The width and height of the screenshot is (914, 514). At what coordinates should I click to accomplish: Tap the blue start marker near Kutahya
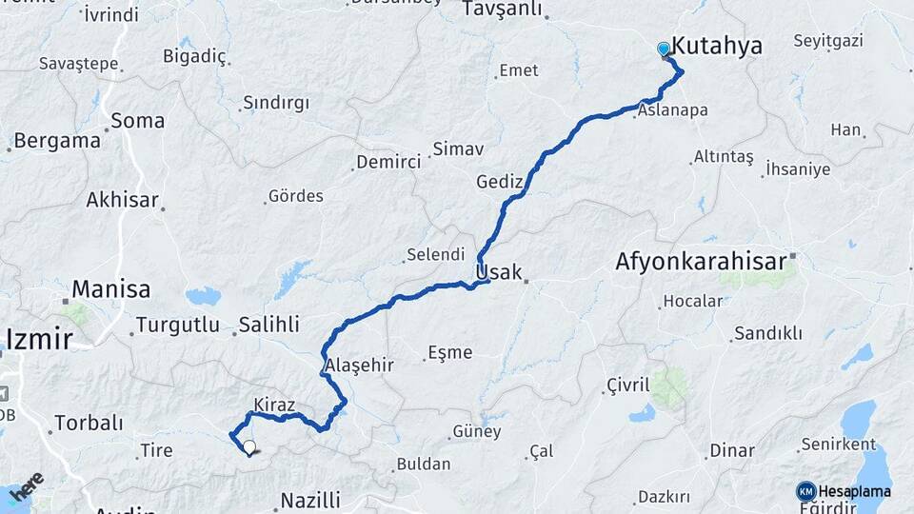pos(664,49)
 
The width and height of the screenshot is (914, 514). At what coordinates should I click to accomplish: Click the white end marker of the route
pos(249,445)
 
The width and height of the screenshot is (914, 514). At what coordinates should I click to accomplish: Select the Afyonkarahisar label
pos(701,261)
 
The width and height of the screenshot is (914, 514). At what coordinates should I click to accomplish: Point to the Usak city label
pos(499,272)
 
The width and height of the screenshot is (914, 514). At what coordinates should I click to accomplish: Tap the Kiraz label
pos(274,404)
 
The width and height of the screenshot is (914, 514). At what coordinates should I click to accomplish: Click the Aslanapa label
pos(672,110)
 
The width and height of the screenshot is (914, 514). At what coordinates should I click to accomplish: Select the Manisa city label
pos(111,288)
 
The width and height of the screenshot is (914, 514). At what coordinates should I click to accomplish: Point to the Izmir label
pos(39,338)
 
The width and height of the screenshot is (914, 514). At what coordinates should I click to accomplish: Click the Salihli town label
pos(269,324)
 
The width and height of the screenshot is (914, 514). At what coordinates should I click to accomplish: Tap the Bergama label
pos(57,141)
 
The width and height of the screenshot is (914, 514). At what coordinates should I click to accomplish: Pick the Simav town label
pos(458,148)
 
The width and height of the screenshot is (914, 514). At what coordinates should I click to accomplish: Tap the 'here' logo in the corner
pos(27,484)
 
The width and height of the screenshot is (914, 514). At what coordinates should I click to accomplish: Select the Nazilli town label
pos(310,500)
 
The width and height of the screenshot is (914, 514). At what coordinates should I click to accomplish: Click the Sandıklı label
pos(767,333)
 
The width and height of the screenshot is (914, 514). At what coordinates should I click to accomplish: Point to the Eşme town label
pos(450,352)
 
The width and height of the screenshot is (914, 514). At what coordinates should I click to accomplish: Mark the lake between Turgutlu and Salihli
pos(203,296)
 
